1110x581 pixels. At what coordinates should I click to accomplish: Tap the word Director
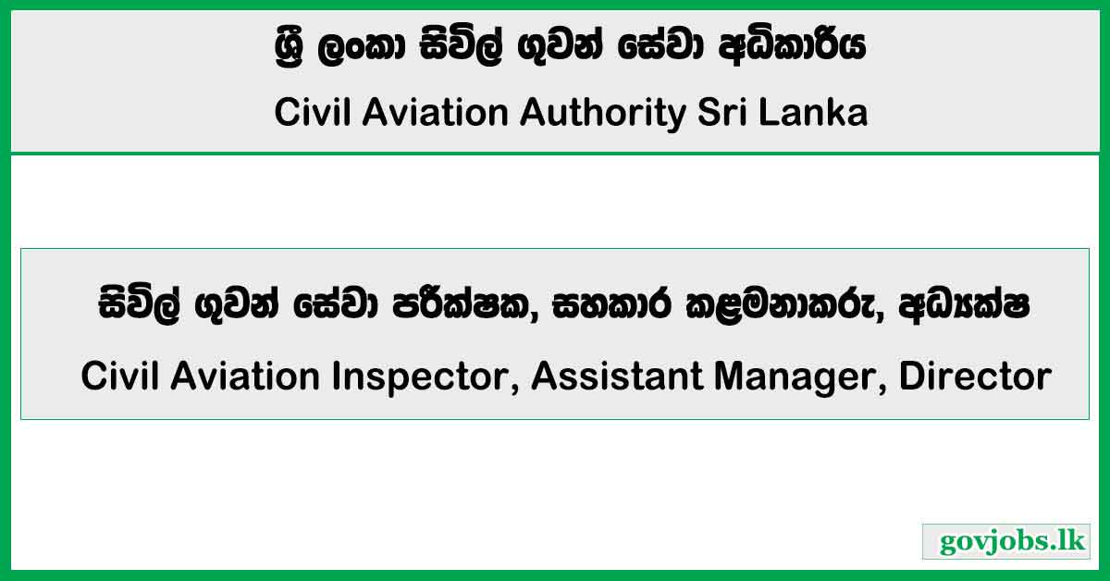pyautogui.click(x=975, y=377)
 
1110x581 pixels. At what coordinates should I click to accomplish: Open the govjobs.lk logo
pyautogui.click(x=1005, y=541)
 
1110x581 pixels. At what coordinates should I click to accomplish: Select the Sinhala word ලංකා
pyautogui.click(x=352, y=49)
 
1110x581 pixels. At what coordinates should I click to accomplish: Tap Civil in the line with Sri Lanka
pyautogui.click(x=311, y=113)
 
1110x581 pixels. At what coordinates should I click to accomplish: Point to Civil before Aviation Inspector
pyautogui.click(x=118, y=377)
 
